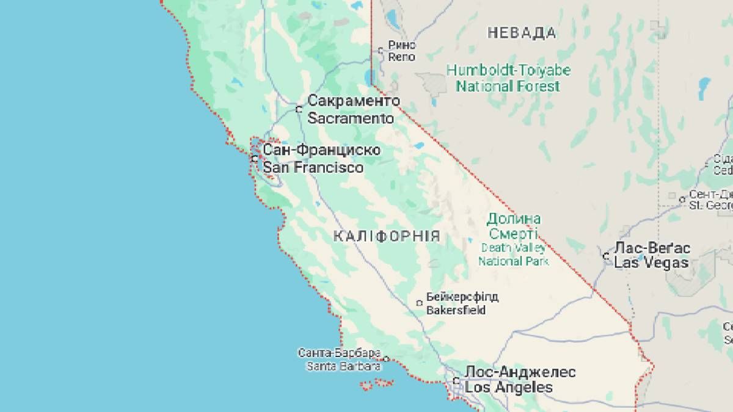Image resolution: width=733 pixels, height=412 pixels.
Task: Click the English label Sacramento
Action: pos(351,118)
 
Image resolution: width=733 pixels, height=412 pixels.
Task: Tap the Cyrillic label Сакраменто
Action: pos(354,101)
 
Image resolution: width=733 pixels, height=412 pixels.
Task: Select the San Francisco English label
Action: pos(313,167)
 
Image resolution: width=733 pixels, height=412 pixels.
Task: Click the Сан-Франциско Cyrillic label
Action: pos(321,150)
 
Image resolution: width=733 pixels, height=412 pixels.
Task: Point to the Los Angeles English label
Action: pos(508,388)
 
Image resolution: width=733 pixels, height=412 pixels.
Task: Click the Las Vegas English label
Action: pos(651,264)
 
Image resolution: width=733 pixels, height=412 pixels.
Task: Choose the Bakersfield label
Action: pos(456,310)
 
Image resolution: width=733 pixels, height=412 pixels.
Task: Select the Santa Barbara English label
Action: pos(343,366)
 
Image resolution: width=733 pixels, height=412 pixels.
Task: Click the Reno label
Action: pos(402,57)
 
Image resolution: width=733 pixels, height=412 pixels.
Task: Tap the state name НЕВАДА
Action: pos(522,33)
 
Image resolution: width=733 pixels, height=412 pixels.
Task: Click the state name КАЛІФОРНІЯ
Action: pos(387,237)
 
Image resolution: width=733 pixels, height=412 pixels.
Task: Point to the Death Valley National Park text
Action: pos(514,255)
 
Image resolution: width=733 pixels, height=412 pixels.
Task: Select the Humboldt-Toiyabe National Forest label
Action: pos(508,78)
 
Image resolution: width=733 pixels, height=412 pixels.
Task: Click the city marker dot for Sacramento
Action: pos(299,110)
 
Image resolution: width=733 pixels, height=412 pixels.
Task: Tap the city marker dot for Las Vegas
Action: pos(606,256)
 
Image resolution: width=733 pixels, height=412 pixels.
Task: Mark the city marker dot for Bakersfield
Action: pos(419,303)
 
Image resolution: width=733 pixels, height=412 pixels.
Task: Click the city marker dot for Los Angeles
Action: pos(456,381)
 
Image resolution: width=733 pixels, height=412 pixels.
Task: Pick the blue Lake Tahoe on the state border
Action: pos(369,77)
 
